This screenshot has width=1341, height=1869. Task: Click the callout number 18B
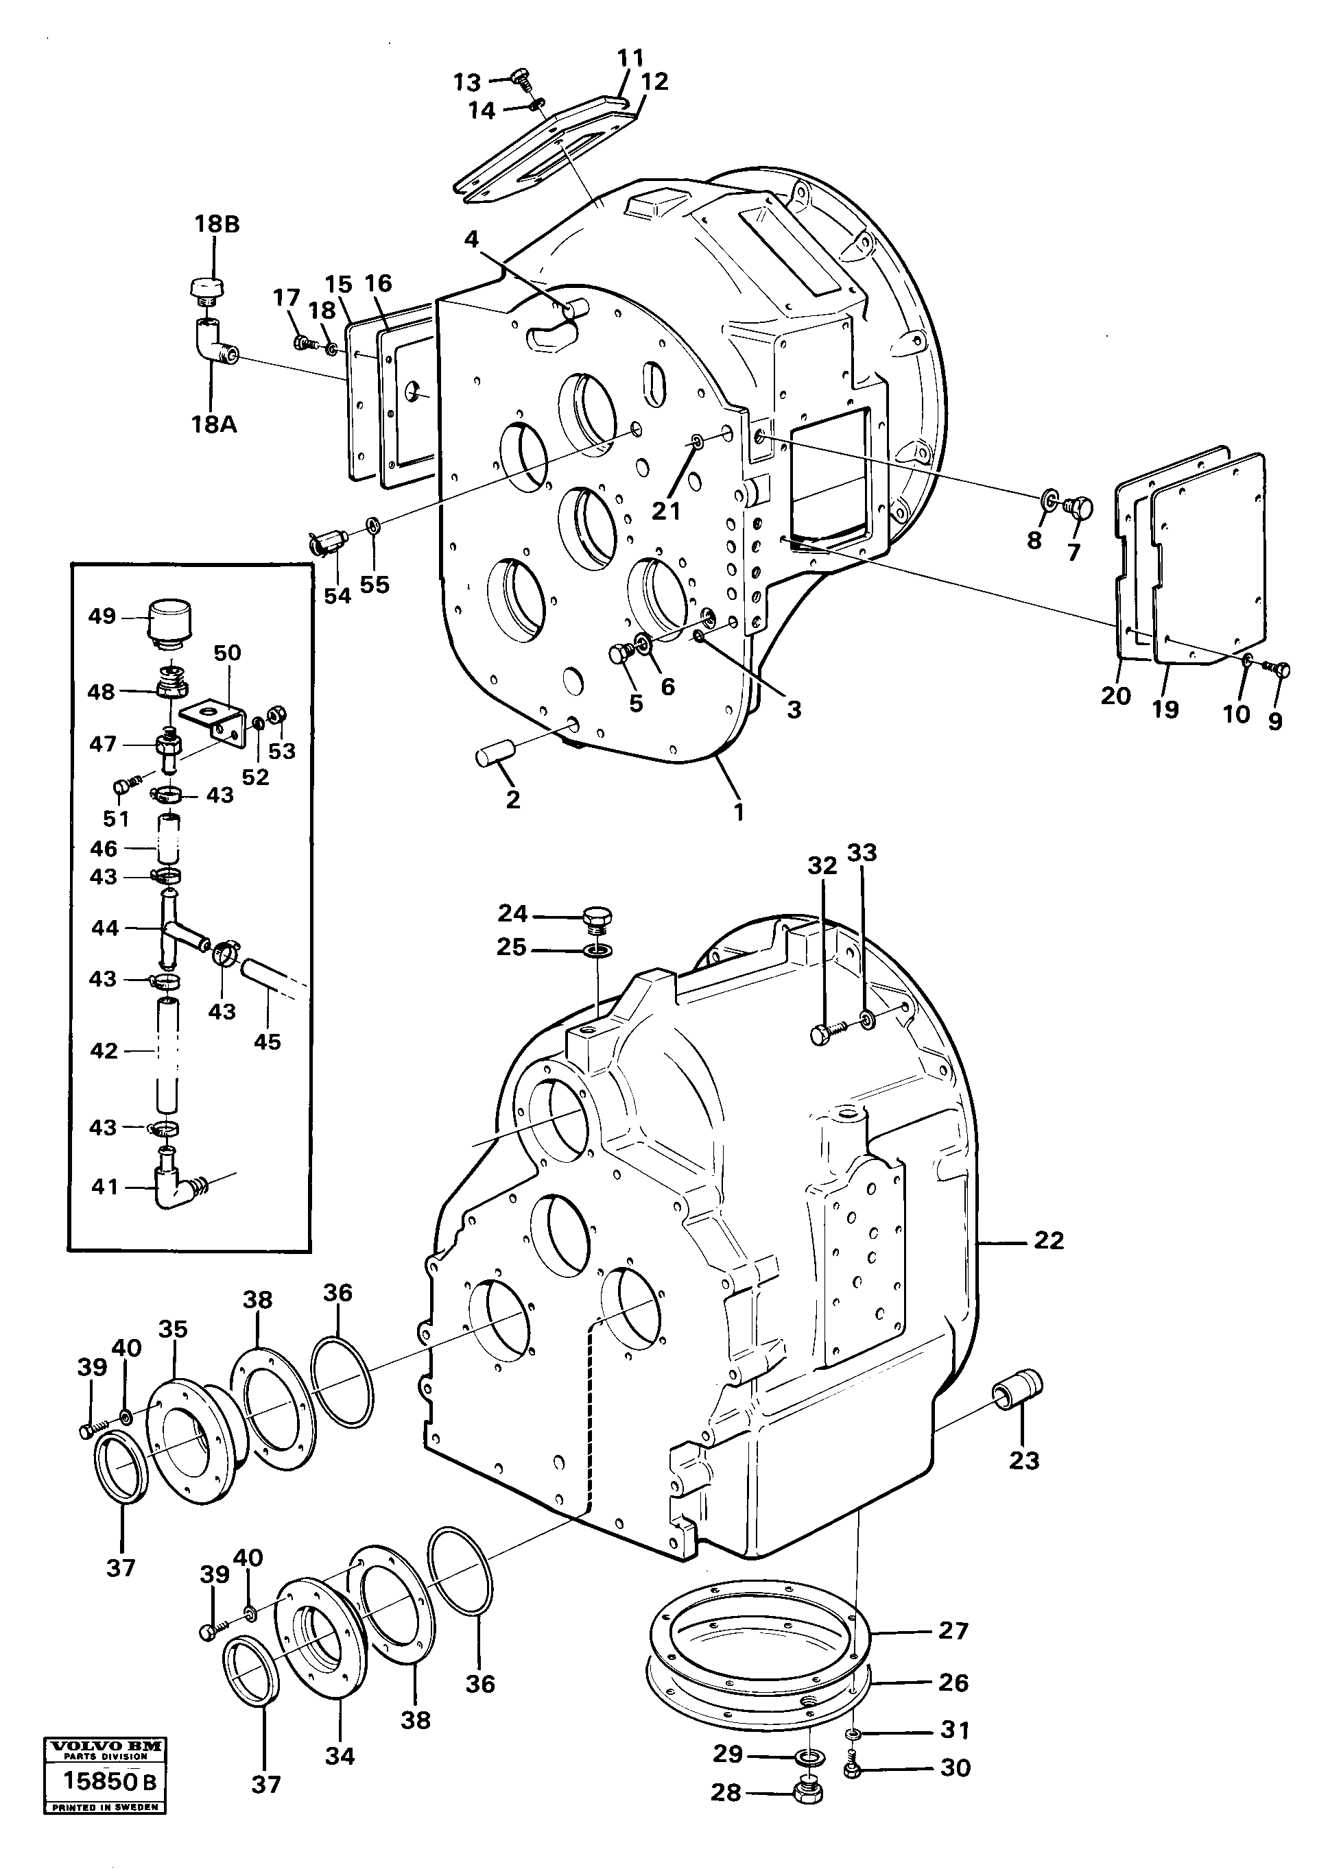tap(217, 224)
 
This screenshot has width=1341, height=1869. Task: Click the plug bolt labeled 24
tap(596, 917)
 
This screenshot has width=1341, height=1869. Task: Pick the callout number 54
tap(337, 595)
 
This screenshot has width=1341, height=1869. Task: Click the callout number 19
tap(1165, 709)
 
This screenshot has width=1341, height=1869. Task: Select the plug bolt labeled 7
tap(1078, 507)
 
